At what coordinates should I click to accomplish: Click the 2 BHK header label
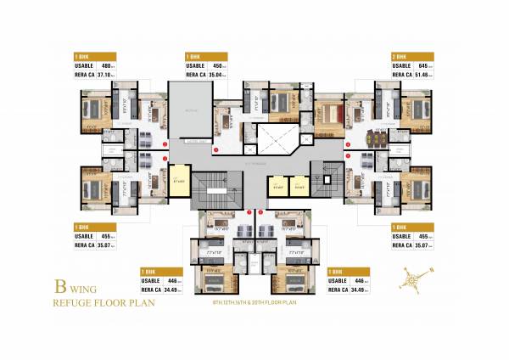coord(399,55)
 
